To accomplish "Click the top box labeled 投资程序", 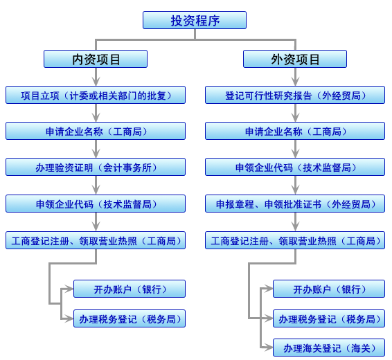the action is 195,20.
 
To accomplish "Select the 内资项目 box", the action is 96,59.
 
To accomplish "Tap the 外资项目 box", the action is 295,59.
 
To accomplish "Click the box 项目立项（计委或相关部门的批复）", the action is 96,95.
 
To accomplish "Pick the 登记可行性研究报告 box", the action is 295,95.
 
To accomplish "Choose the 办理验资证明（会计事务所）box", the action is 96,167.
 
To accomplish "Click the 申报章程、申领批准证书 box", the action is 295,204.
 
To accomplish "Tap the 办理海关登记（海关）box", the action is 329,348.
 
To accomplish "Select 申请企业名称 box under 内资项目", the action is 96,131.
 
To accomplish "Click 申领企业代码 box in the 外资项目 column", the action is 295,167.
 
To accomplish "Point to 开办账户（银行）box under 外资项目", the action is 329,289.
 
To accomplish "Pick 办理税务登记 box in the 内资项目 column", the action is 130,318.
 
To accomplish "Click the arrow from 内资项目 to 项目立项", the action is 96,77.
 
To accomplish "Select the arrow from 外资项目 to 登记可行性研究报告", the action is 295,77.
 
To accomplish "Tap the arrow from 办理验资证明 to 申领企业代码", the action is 96,185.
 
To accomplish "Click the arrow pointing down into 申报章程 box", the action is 295,185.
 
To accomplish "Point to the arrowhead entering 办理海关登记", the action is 269,348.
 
